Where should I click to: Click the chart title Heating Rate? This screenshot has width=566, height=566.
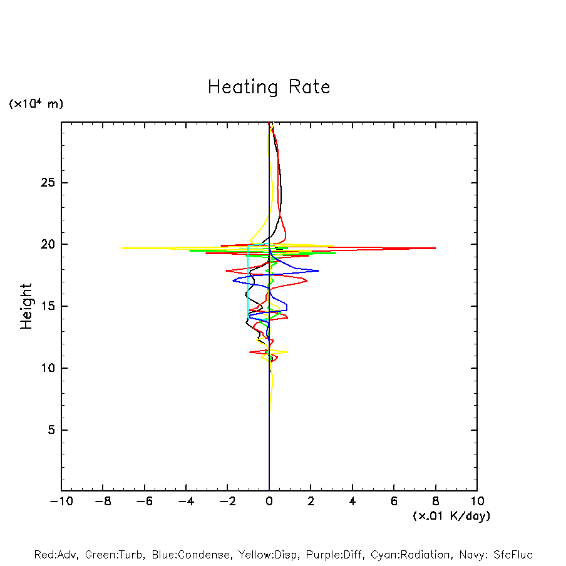coord(269,87)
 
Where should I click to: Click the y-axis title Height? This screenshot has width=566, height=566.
coord(26,306)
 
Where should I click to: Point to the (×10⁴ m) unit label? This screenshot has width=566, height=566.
coord(36,104)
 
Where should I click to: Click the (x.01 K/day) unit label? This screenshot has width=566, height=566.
coord(451,516)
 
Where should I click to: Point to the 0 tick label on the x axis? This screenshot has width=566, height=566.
coord(269,501)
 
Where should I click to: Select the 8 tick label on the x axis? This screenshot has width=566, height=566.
coord(436,501)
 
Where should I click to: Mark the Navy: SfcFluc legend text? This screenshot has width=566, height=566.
coord(495,555)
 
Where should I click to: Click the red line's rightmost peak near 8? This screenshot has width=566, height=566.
coord(435,248)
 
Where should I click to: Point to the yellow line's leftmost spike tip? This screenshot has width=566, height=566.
coord(123,248)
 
